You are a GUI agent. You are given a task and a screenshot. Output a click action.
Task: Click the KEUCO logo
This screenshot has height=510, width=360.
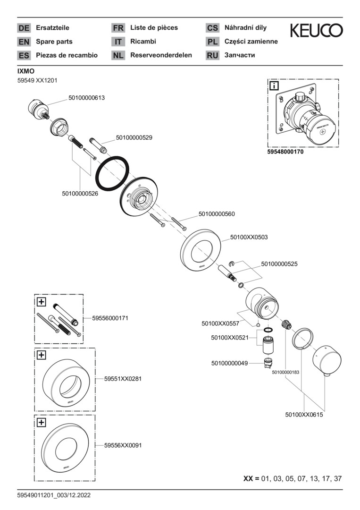tap(316, 31)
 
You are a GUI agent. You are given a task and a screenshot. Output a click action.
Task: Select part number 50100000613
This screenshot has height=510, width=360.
tap(86, 98)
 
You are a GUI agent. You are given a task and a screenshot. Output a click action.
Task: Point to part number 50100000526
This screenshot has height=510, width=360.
tap(80, 193)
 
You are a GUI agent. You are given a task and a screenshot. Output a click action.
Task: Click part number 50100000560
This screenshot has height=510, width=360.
tap(217, 214)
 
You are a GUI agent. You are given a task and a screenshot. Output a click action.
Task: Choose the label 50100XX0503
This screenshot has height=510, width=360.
tap(249, 237)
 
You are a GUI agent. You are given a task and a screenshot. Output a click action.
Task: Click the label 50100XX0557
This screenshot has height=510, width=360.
tap(220, 323)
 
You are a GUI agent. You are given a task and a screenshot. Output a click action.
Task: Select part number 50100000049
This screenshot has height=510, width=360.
tap(229, 363)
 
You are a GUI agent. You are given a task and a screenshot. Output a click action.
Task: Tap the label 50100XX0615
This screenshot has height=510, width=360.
tap(304, 415)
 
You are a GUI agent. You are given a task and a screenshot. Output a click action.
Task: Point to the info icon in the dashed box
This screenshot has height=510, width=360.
tap(274, 86)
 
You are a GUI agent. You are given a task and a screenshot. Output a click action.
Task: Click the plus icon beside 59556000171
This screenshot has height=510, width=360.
tap(42, 301)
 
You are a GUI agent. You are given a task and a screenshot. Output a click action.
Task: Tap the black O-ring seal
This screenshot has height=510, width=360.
tap(113, 173)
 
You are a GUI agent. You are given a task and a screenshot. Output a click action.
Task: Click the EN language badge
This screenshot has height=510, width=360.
tap(24, 42)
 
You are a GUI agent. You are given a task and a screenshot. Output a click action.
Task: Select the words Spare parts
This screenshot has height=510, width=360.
tap(54, 42)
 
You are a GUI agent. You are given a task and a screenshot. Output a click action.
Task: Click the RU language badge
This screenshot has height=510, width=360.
tap(212, 55)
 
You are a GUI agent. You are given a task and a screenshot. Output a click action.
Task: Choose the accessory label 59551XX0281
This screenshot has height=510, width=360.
tap(123, 379)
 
